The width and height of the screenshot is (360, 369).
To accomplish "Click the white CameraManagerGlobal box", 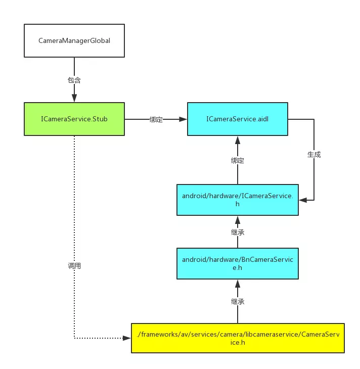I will click(74, 40).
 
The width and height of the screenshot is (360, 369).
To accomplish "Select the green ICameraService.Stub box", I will click(74, 119).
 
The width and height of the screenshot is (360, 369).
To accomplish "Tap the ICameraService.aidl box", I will click(238, 119).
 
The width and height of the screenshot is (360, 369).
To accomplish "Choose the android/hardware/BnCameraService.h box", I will click(238, 263).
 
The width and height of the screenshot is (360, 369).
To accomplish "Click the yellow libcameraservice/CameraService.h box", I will click(238, 338).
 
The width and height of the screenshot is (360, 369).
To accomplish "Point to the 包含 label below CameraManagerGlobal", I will click(74, 79).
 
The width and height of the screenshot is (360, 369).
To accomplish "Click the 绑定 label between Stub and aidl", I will click(156, 120).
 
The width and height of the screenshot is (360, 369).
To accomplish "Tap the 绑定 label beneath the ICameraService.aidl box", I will click(238, 160).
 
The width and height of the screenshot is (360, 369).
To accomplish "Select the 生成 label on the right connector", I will click(314, 155).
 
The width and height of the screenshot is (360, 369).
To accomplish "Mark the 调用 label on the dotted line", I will click(74, 265).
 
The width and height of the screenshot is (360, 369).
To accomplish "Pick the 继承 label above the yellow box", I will click(238, 301).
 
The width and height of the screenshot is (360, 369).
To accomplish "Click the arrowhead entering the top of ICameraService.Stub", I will click(74, 99).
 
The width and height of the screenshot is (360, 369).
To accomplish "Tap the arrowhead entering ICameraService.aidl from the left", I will click(184, 119).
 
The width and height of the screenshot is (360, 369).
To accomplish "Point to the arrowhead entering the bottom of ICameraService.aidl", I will click(238, 140).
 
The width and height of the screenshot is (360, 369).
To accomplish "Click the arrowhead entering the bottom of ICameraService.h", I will click(238, 219).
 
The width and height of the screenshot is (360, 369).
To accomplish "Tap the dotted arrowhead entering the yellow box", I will click(127, 338).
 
